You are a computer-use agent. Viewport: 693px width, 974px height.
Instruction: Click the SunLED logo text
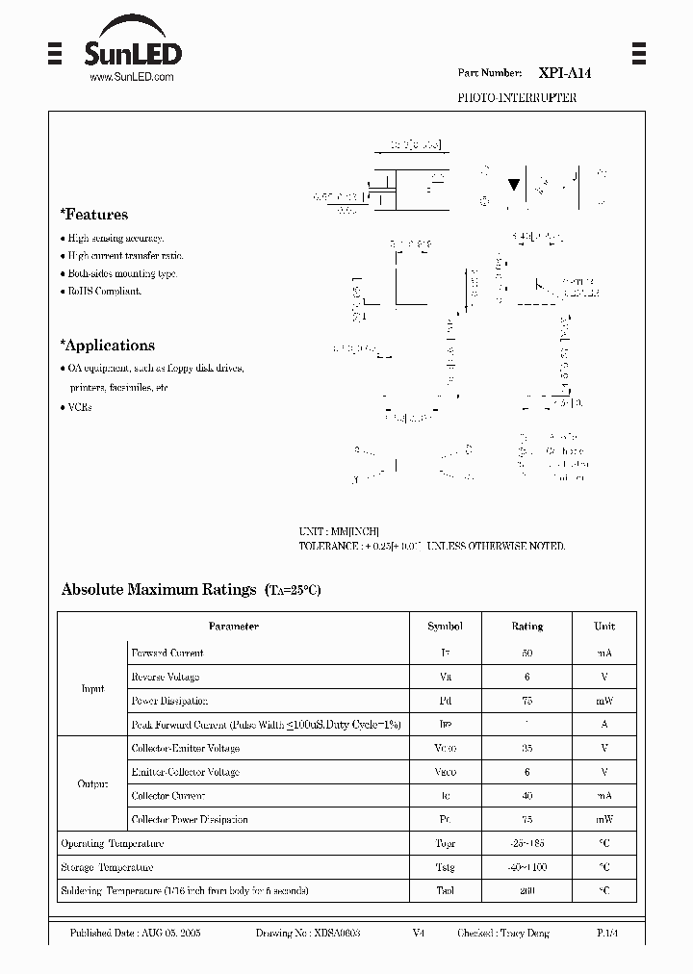click(x=134, y=52)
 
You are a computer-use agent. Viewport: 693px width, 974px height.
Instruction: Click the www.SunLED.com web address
click(x=132, y=77)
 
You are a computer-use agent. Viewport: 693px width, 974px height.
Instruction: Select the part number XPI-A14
click(x=558, y=73)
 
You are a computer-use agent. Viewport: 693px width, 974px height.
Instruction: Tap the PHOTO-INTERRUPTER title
click(x=516, y=98)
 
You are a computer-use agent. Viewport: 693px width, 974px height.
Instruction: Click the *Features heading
click(x=93, y=215)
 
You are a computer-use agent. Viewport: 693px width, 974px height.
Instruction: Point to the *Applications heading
click(x=107, y=346)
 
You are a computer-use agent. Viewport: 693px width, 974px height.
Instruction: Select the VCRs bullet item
click(x=80, y=407)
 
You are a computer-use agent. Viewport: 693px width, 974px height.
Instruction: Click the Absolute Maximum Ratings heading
click(x=159, y=589)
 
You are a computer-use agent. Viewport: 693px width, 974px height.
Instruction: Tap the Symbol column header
click(x=445, y=627)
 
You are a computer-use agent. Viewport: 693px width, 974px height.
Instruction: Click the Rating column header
click(x=526, y=627)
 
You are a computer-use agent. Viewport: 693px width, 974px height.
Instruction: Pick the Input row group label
click(x=92, y=688)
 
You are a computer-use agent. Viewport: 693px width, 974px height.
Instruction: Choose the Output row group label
click(x=92, y=783)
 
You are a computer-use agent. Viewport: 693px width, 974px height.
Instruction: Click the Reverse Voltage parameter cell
click(x=166, y=677)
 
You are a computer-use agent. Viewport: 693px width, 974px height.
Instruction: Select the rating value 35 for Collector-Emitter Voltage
click(x=526, y=748)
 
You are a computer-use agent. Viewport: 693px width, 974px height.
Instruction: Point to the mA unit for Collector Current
click(x=603, y=796)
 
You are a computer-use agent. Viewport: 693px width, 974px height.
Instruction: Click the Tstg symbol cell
click(x=445, y=867)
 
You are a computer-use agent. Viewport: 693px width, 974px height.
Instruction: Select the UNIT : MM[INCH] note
click(x=338, y=531)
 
